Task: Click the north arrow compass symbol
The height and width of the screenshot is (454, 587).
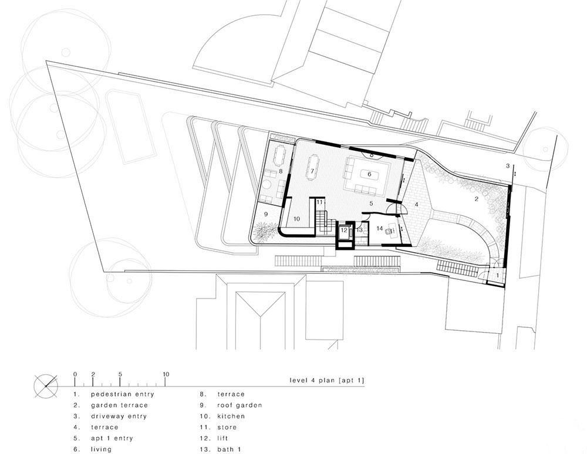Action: [46, 386]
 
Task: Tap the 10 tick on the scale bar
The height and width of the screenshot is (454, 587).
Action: [166, 382]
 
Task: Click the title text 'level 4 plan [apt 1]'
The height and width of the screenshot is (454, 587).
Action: [326, 381]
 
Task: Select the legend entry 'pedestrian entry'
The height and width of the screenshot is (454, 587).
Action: [123, 394]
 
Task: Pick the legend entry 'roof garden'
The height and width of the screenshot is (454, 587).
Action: [239, 405]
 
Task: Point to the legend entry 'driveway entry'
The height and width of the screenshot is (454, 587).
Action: [119, 416]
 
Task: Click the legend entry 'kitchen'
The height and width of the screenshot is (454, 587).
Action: [231, 416]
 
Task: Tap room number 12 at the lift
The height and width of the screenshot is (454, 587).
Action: [344, 231]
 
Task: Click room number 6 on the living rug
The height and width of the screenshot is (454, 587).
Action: [369, 174]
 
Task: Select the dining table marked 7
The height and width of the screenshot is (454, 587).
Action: [312, 168]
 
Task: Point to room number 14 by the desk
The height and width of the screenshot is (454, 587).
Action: [380, 228]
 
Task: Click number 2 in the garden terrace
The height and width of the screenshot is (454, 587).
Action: [477, 199]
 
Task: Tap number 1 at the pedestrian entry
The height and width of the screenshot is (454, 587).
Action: [498, 275]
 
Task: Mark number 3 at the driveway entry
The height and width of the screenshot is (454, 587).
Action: [508, 165]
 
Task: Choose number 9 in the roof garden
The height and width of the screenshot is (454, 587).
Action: [266, 214]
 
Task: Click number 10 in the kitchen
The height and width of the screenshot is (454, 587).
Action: [296, 219]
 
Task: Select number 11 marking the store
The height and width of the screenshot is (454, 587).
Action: [319, 202]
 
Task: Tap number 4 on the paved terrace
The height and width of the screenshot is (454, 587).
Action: [416, 205]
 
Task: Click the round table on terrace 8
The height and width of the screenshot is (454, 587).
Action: [266, 185]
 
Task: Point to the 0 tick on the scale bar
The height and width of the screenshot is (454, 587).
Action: [75, 382]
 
